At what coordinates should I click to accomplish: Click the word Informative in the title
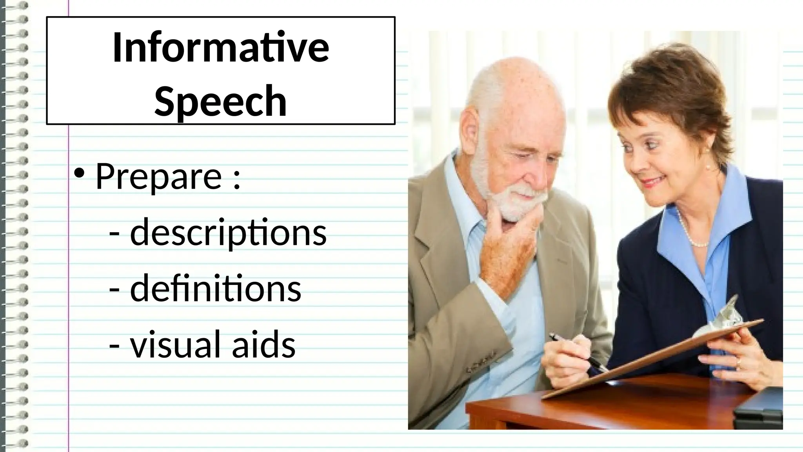[220, 48]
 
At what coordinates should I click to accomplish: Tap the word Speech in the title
[220, 101]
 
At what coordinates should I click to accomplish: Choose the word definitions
[215, 288]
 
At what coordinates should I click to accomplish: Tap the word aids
[263, 344]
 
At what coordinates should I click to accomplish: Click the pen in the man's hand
[576, 352]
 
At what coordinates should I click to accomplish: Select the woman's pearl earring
[708, 166]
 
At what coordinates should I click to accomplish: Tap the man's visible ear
[471, 129]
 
